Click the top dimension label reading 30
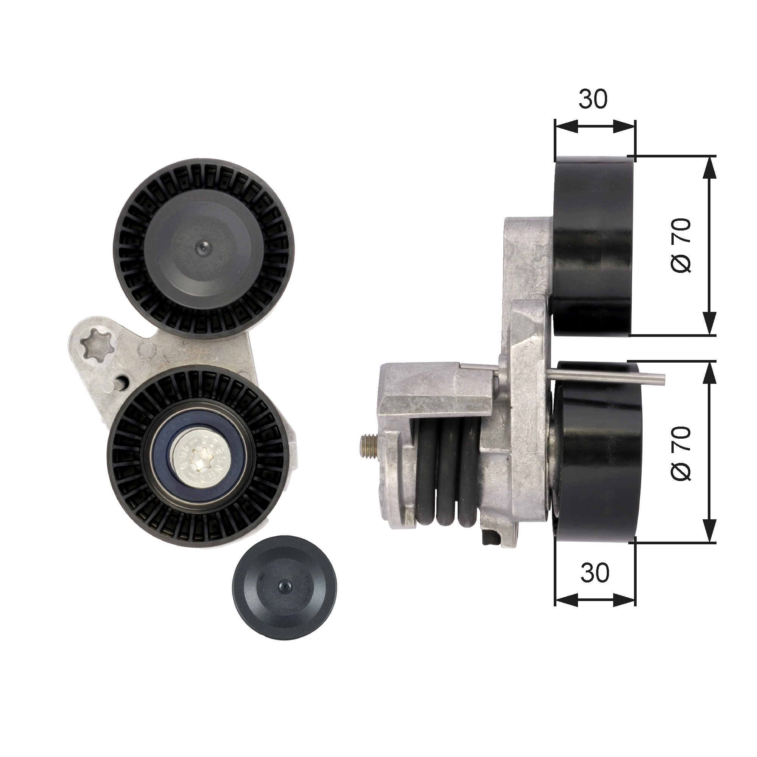[x=593, y=100]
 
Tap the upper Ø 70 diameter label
[x=681, y=246]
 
